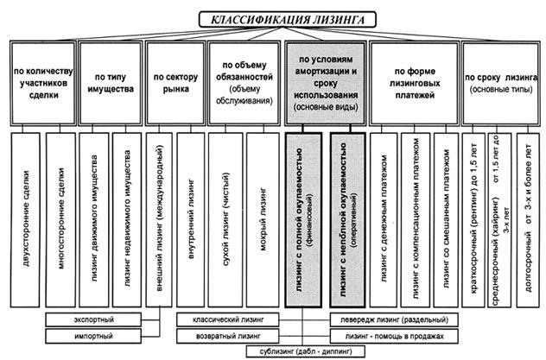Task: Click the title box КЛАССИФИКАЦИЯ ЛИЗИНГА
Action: click(272, 16)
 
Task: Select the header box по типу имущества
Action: click(110, 83)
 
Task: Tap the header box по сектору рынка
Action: click(175, 83)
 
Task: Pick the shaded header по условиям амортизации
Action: click(325, 83)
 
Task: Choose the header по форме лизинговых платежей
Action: click(414, 83)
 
